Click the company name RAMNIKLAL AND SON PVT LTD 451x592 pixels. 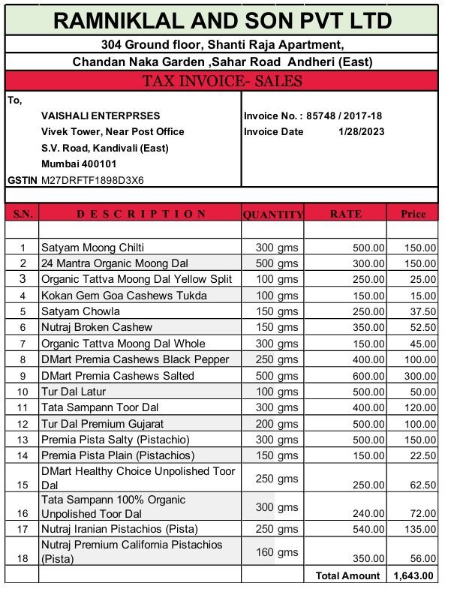(223, 20)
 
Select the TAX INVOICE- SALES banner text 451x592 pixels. (222, 81)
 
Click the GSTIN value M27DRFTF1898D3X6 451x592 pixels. (92, 180)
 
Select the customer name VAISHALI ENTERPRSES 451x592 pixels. (101, 116)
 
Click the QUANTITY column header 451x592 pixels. (272, 215)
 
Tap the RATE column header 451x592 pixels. (345, 214)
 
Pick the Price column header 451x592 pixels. (413, 214)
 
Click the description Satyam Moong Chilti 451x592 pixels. (92, 248)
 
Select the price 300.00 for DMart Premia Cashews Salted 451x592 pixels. (418, 375)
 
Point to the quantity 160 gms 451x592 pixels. (277, 553)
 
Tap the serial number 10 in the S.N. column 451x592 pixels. (23, 392)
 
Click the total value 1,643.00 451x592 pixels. (413, 575)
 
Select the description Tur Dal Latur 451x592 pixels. (74, 392)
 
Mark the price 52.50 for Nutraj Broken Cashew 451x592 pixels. (421, 327)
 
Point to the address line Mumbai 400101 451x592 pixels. (79, 164)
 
